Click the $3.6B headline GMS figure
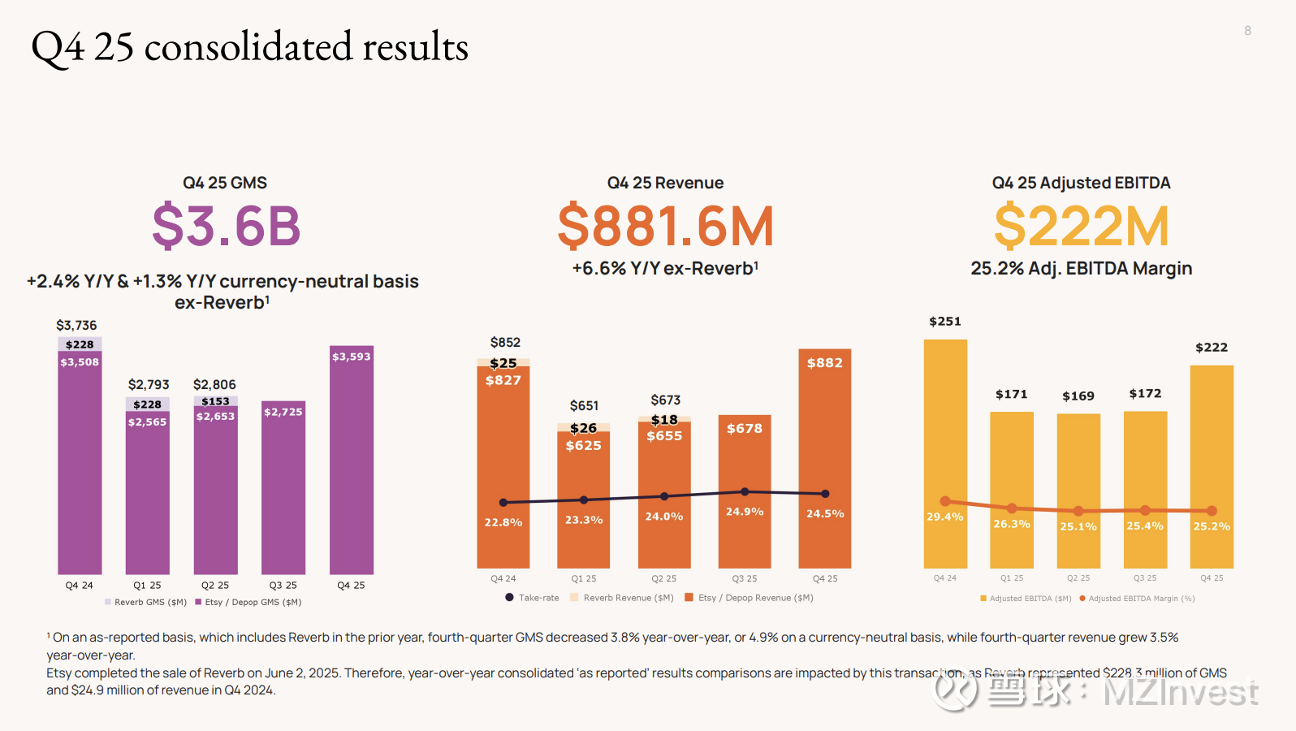click(226, 226)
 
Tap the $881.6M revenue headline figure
click(665, 227)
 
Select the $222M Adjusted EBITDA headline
click(1081, 227)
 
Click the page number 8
click(1247, 31)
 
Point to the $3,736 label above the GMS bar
click(76, 326)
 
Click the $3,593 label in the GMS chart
click(351, 357)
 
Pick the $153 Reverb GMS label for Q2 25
click(215, 401)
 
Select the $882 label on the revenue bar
click(824, 363)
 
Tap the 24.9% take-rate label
click(745, 512)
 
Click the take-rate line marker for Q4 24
click(503, 503)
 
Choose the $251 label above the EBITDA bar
click(945, 322)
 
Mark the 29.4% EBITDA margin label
click(945, 517)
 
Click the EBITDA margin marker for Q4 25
click(1212, 511)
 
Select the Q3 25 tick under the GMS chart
click(283, 585)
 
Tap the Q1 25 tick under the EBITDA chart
click(1012, 578)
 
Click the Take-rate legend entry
click(533, 598)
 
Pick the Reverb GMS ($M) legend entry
click(146, 602)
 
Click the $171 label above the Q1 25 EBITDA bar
click(1012, 395)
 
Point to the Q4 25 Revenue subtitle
click(665, 183)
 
